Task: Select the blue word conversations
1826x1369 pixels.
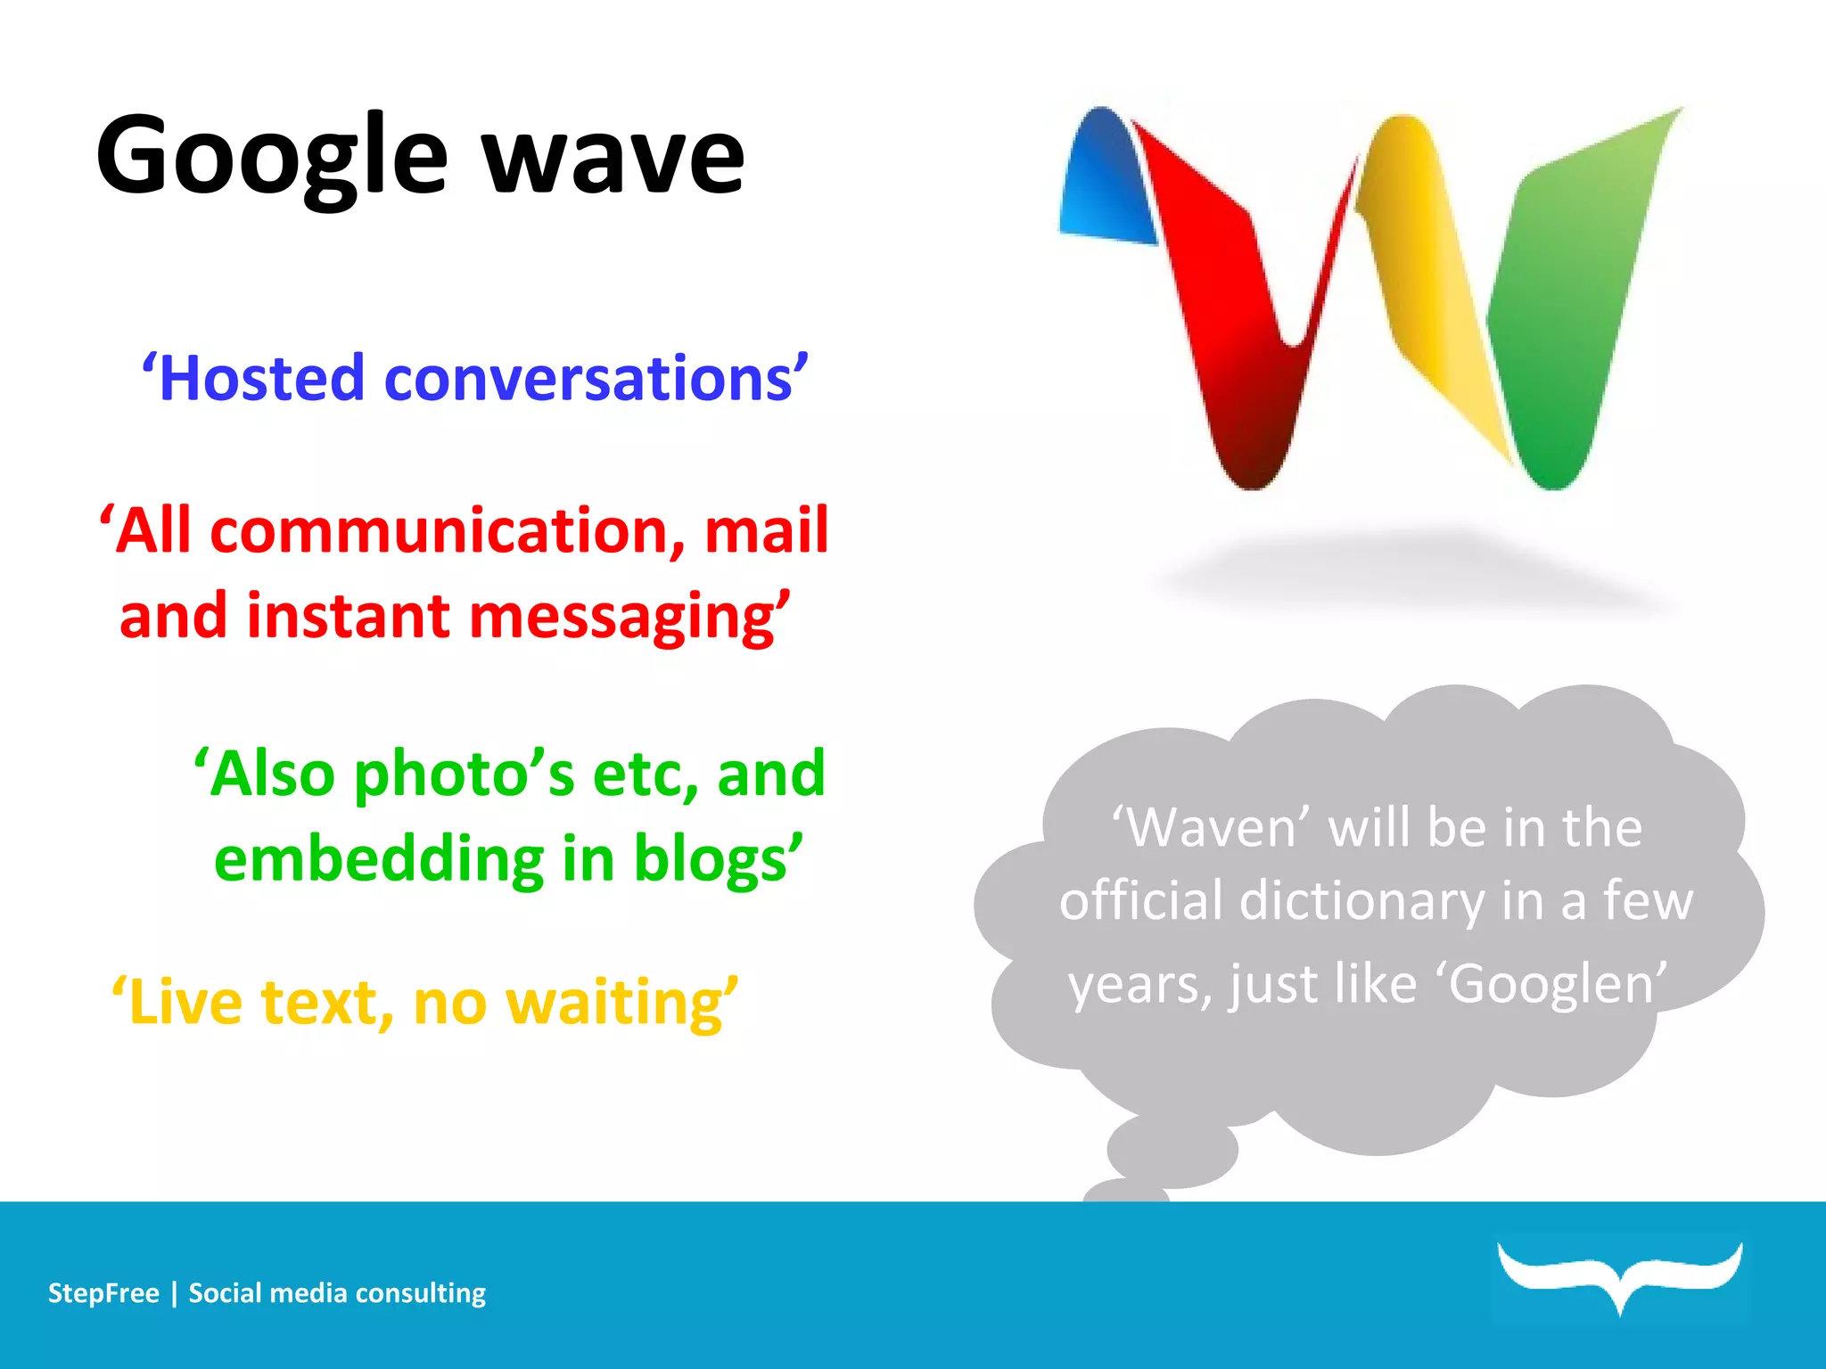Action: [x=588, y=379]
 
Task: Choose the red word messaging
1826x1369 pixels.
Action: [x=624, y=617]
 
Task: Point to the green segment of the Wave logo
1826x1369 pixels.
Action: [x=1569, y=312]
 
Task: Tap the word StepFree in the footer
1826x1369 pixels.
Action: [x=103, y=1293]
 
